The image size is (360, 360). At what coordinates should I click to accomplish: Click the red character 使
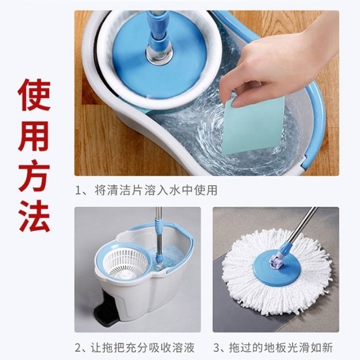(34, 95)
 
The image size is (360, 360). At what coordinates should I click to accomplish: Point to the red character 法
(34, 216)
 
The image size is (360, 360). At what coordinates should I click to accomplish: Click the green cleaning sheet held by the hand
(253, 126)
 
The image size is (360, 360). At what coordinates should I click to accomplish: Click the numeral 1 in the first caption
(78, 191)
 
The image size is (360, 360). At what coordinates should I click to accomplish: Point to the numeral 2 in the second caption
(78, 348)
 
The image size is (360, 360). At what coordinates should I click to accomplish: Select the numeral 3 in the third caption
(217, 348)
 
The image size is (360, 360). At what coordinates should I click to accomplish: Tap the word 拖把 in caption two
(113, 348)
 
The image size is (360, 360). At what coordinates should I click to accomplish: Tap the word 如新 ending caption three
(321, 348)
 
